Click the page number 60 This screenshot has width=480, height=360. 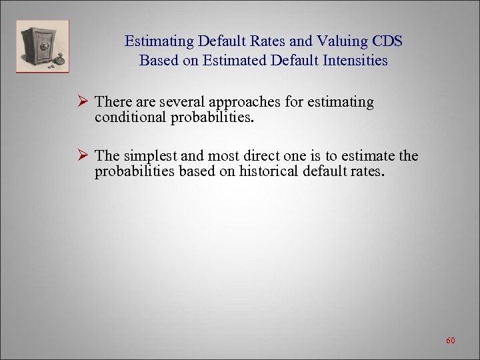450,341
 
